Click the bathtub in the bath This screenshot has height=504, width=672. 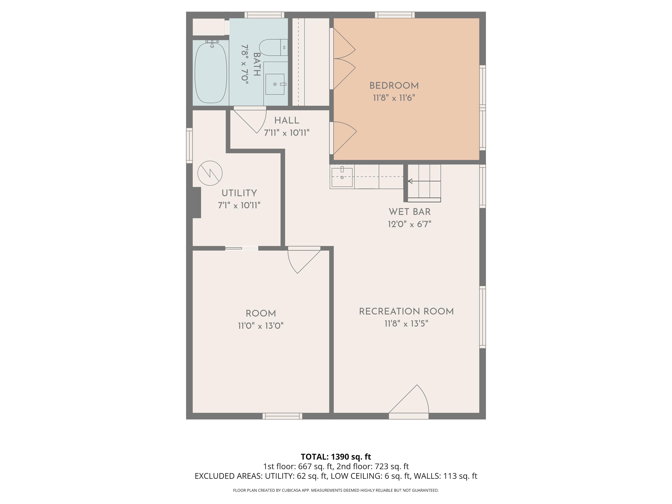click(x=211, y=73)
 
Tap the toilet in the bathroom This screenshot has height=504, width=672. click(x=274, y=47)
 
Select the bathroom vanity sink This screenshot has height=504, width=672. click(x=275, y=84)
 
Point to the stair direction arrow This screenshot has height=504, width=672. click(x=424, y=181)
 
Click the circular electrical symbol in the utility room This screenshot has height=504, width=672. click(x=210, y=173)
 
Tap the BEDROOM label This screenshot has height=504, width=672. click(x=394, y=86)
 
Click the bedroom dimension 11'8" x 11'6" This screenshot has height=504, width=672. click(x=394, y=98)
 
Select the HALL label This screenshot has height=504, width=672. click(x=287, y=121)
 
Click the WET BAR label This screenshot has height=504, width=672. click(x=409, y=212)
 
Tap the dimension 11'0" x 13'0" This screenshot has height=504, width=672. click(x=261, y=326)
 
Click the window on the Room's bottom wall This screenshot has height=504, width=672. click(x=282, y=416)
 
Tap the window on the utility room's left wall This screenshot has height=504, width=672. click(x=189, y=146)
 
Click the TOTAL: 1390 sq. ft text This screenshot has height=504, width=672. click(x=336, y=457)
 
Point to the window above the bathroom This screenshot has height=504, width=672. click(x=264, y=15)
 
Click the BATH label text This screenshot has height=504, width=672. click(x=257, y=65)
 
